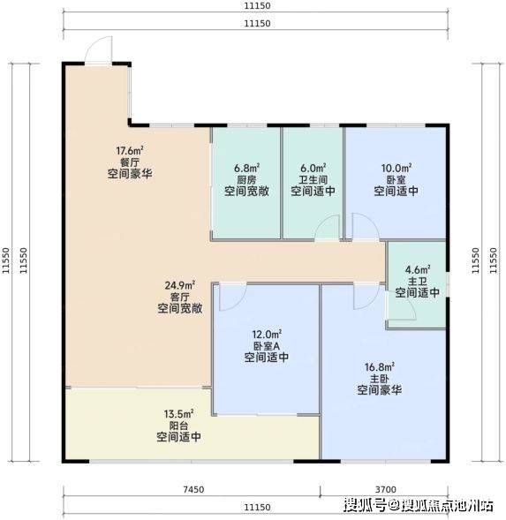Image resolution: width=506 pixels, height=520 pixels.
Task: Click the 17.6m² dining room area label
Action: click(130, 151)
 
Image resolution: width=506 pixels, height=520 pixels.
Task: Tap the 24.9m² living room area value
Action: click(180, 285)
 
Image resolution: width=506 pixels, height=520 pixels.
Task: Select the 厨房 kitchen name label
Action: click(246, 180)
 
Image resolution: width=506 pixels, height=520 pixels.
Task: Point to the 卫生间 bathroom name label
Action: click(313, 180)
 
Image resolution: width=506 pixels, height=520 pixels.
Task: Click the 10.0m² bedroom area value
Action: click(396, 168)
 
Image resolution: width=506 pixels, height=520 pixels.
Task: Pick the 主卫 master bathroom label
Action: click(418, 282)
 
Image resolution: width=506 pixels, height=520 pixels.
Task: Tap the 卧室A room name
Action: click(267, 346)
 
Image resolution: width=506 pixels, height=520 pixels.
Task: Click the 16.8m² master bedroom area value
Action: click(380, 367)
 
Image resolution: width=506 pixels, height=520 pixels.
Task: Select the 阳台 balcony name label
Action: click(179, 426)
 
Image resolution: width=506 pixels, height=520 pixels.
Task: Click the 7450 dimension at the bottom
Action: click(193, 489)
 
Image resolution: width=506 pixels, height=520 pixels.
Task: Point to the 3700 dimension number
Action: click(386, 489)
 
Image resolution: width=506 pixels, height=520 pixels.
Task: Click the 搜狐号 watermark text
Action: click(365, 505)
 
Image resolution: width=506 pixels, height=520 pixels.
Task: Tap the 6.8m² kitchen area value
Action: click(246, 168)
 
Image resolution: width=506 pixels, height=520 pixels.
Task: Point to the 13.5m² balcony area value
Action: click(179, 414)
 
